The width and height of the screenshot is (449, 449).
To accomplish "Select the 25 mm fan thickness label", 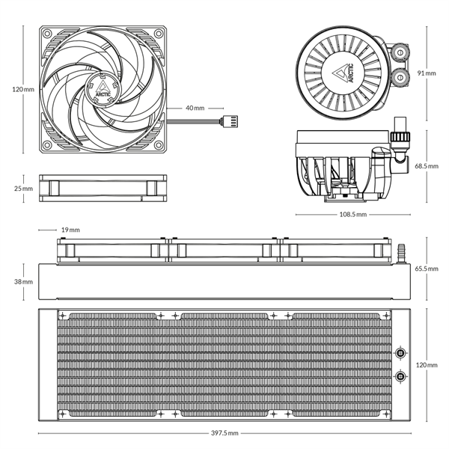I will click(x=23, y=189).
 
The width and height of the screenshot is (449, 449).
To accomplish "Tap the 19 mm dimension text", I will click(x=71, y=230).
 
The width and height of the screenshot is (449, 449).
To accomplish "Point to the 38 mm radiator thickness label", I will click(x=23, y=282).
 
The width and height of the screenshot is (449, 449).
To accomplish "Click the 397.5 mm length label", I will click(x=224, y=433).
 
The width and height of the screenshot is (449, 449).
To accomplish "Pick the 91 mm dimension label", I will click(x=427, y=73).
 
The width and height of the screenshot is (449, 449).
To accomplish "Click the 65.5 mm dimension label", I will click(x=427, y=268).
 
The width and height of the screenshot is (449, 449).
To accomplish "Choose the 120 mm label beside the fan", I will click(x=23, y=89).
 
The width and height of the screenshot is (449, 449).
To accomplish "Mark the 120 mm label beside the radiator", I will click(x=427, y=364).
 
